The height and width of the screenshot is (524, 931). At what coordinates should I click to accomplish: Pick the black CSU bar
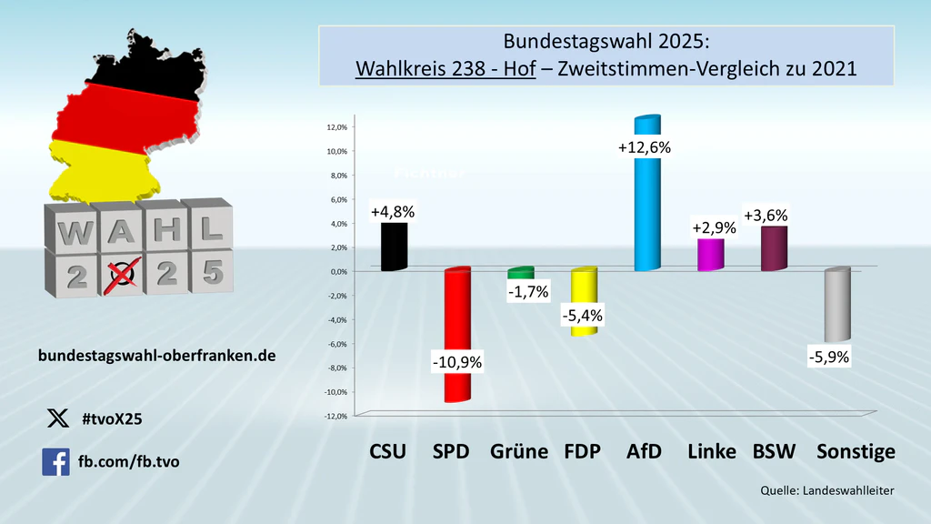[x=394, y=247]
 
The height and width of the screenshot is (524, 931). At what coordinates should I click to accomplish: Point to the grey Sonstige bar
[x=836, y=305]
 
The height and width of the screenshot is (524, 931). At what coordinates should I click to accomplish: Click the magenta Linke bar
[x=710, y=255]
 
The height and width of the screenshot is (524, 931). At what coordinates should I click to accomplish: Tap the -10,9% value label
[x=456, y=362]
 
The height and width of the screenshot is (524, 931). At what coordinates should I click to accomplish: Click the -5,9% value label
[x=828, y=357]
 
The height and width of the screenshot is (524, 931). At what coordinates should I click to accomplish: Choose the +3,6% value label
[x=766, y=216]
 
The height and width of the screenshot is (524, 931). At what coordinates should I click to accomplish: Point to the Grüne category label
[x=519, y=451]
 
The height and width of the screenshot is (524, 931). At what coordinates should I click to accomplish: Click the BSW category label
[x=775, y=451]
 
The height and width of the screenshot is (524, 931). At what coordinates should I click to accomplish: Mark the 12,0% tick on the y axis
[x=335, y=127]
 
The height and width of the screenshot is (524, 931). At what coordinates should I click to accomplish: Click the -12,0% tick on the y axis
[x=334, y=416]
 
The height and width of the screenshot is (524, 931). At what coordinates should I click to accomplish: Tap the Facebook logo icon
[x=55, y=462]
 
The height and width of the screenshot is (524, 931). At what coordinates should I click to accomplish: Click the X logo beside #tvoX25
[x=57, y=418]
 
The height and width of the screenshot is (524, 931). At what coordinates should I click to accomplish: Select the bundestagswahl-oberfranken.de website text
[x=156, y=356]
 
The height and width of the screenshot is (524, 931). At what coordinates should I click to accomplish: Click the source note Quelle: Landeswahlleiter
[x=827, y=490]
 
